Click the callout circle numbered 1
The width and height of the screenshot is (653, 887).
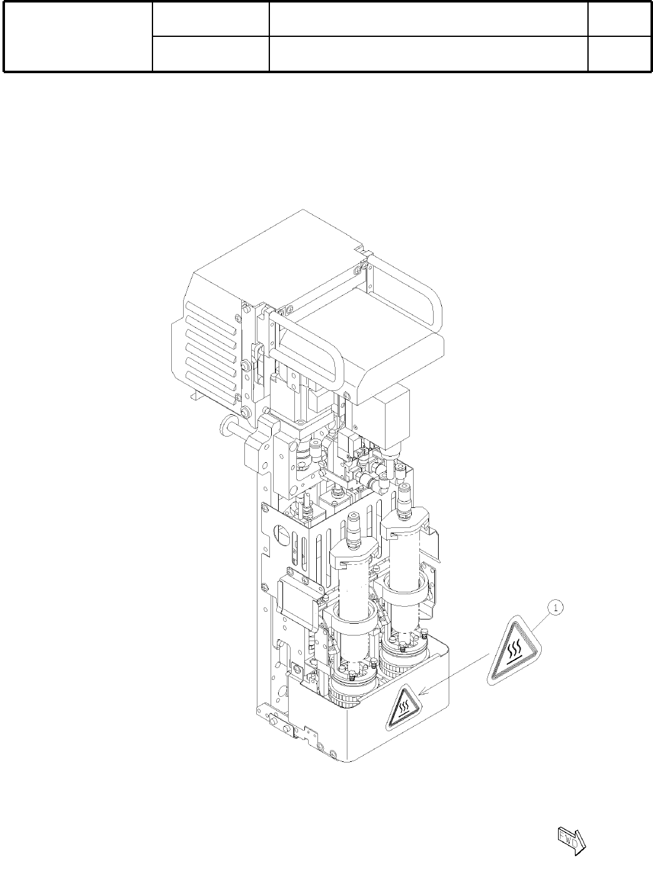pos(556,608)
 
